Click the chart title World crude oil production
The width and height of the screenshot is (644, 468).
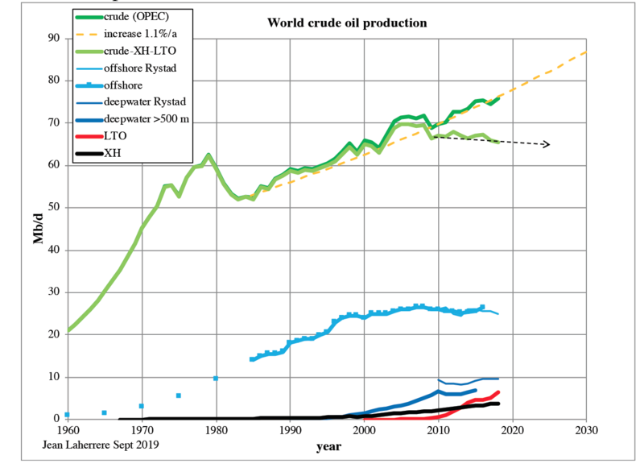347,22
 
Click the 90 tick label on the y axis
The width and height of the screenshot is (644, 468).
53,38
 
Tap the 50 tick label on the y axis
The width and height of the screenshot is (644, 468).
53,207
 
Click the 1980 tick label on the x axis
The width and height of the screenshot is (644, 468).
217,429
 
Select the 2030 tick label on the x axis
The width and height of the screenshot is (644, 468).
586,429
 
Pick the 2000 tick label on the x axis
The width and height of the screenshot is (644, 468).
365,429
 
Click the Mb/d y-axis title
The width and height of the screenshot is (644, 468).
37,228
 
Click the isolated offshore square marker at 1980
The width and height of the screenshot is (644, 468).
216,378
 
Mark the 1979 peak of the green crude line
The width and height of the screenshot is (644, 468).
208,155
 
